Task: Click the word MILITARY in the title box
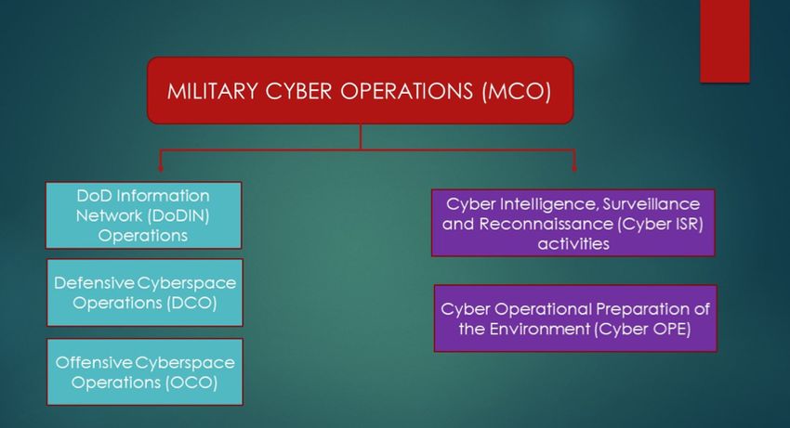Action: [x=212, y=92]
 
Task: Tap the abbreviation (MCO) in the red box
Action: [x=517, y=92]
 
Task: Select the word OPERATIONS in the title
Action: [x=406, y=92]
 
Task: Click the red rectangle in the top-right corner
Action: [x=725, y=41]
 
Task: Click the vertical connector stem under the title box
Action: [x=361, y=136]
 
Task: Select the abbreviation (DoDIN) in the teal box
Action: [x=178, y=215]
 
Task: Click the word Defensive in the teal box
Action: [x=94, y=283]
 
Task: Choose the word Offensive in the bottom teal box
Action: [x=94, y=362]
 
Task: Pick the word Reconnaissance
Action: [x=546, y=224]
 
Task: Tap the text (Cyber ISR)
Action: [x=660, y=224]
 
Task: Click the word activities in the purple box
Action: [x=573, y=244]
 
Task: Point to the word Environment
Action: [x=540, y=330]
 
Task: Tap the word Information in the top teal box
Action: [x=163, y=195]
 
